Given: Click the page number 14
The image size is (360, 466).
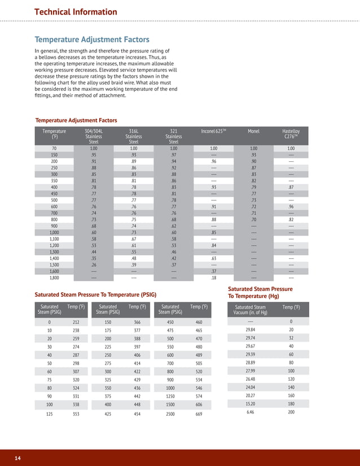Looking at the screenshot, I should point(18,458).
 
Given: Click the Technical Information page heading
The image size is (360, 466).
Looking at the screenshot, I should point(76,12).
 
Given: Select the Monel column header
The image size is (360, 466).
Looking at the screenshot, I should point(253,131).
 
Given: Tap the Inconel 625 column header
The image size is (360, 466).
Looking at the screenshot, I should point(213,131).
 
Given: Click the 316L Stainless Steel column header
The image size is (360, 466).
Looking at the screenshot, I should point(134,137).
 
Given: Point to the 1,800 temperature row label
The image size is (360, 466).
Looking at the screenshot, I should point(54,278).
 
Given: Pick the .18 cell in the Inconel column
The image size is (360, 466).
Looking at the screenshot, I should point(214,278).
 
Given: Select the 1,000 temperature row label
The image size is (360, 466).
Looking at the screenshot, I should point(54,232).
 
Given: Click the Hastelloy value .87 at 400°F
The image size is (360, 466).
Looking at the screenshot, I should point(291,187).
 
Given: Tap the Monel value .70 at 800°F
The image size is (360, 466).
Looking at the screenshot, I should point(253,219).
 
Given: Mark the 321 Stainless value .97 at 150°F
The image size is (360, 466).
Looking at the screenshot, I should point(174,155).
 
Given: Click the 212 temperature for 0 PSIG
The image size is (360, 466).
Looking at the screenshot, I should point(76,322).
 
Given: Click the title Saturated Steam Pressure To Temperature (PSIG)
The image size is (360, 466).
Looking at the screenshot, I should point(95,294).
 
